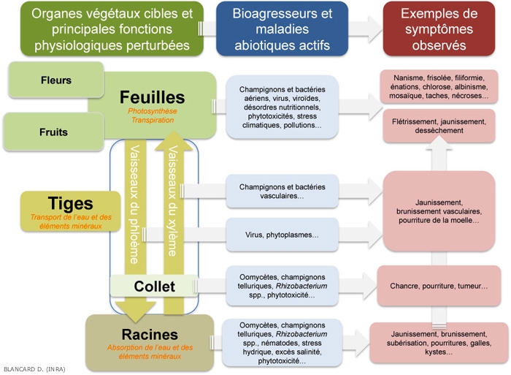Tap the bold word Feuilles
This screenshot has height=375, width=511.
[153, 97]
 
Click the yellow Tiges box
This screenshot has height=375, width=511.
[70, 210]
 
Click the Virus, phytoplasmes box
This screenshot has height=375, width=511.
[282, 235]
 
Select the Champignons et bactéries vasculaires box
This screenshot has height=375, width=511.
[282, 192]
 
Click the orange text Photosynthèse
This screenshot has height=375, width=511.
[153, 111]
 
